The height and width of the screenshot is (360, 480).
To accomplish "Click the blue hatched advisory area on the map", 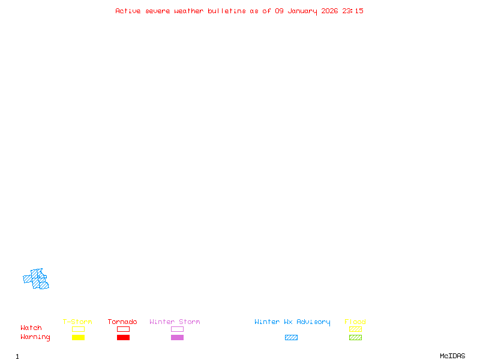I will (x=37, y=280).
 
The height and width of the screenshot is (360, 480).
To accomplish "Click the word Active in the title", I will (x=128, y=11).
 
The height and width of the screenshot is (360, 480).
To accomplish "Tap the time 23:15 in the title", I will (x=353, y=11).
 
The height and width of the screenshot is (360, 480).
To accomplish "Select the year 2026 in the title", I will (x=329, y=11).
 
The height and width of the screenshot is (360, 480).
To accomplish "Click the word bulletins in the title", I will (x=227, y=11).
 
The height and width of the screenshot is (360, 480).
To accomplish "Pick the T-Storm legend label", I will (x=77, y=322).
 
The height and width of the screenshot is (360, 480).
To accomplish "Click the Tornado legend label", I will (x=122, y=322).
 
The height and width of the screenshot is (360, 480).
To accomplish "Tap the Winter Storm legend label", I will (x=175, y=322).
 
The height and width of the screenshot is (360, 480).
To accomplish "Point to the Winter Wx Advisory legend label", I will (x=292, y=322).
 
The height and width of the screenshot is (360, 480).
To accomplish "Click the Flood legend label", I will (x=355, y=322).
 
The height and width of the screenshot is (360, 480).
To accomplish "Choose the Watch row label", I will (x=31, y=328).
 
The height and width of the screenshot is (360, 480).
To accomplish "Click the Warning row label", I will (x=35, y=337).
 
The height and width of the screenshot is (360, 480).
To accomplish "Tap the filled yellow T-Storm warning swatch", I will (x=78, y=338).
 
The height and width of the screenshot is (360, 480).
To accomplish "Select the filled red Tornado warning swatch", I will (x=123, y=338).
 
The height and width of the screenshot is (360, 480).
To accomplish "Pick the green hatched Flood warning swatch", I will (x=355, y=338).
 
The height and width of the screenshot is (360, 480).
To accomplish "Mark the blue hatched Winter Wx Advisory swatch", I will (x=291, y=338).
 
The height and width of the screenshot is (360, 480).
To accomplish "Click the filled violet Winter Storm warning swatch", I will (x=177, y=338).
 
